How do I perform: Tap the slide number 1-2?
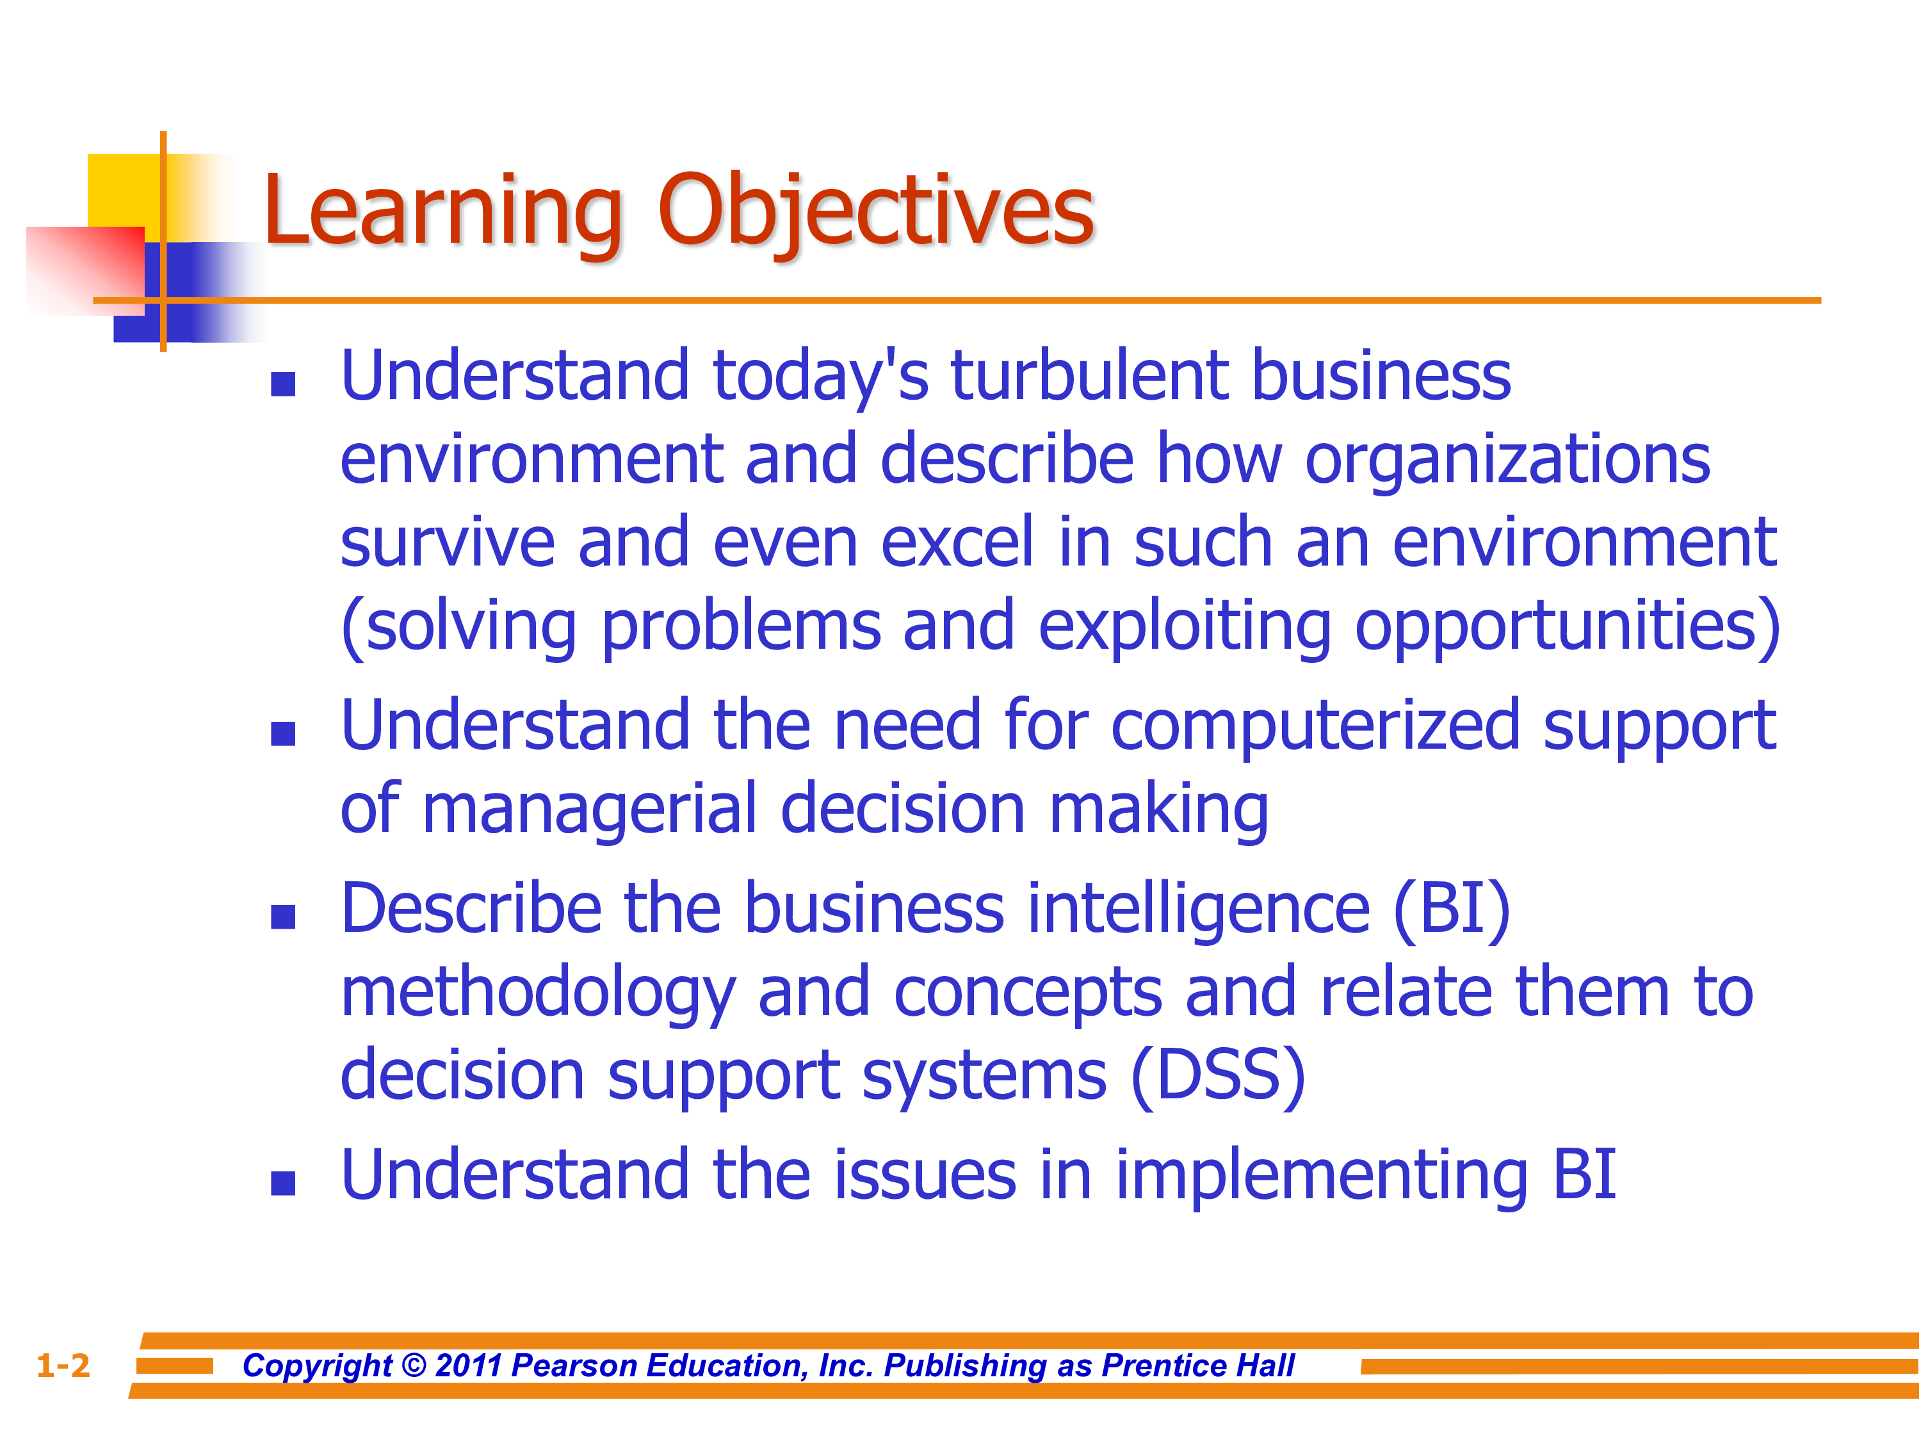click(63, 1366)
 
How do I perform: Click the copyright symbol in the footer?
click(414, 1366)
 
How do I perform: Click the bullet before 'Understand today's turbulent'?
click(283, 384)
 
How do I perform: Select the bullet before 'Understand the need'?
click(283, 734)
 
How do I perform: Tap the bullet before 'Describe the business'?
click(283, 916)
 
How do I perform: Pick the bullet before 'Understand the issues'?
click(283, 1183)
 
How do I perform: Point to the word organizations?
click(1507, 460)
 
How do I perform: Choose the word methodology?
click(539, 995)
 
